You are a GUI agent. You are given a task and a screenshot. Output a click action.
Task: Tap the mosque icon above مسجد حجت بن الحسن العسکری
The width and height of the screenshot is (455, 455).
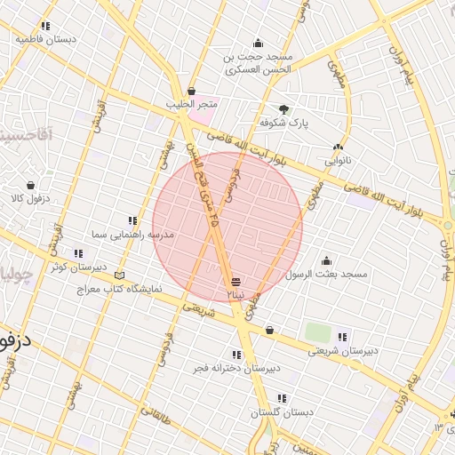click(x=259, y=43)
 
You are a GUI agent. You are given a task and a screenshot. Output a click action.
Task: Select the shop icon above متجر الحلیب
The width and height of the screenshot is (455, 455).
click(x=192, y=91)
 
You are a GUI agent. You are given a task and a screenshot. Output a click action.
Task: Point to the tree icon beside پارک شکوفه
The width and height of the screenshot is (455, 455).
click(x=283, y=108)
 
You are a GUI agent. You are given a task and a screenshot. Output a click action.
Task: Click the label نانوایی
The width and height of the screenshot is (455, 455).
click(x=338, y=161)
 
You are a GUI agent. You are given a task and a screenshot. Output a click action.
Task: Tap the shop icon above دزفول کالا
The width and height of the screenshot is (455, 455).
click(x=31, y=185)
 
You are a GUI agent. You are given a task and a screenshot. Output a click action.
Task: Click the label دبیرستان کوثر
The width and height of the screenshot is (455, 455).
click(x=78, y=266)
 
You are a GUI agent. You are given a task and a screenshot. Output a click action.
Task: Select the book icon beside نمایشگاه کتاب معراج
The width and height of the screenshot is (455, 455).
click(x=121, y=275)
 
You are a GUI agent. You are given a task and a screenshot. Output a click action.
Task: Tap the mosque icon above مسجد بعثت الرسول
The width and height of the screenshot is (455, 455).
click(x=326, y=260)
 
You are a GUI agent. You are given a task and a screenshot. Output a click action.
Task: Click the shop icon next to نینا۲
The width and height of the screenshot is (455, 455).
click(x=235, y=281)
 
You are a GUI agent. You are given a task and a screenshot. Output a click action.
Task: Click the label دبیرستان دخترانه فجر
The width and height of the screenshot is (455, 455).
click(x=237, y=366)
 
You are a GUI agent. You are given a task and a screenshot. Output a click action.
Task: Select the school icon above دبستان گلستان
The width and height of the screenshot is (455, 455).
click(x=282, y=398)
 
